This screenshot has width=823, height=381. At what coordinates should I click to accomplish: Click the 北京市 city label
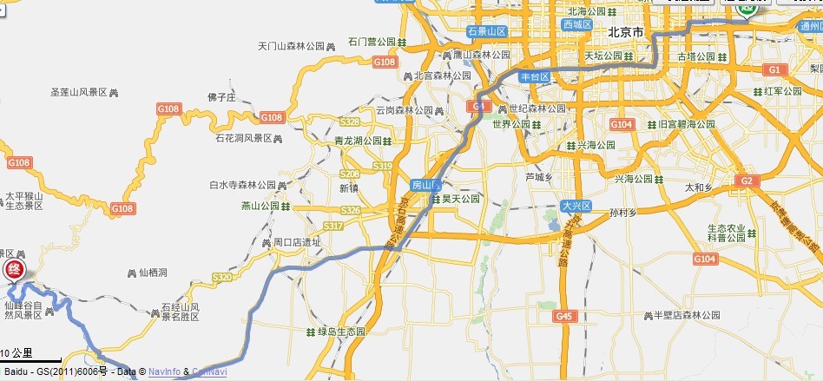point(625,32)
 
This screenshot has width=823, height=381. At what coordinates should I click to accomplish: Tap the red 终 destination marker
point(13,269)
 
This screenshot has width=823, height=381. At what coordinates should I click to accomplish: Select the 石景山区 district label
point(486,31)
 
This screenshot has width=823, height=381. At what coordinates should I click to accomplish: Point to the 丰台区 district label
point(535,77)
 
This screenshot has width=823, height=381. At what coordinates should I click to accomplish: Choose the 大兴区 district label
point(575,206)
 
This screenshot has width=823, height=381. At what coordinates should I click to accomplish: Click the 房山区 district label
point(426,186)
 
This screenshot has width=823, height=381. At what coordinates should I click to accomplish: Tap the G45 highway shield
point(565,317)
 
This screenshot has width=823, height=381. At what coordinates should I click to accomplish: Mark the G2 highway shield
point(745,181)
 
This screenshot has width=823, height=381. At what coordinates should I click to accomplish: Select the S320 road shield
point(222,277)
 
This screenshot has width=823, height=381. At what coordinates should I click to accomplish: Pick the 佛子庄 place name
point(221,97)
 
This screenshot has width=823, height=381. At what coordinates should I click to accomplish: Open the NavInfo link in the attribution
point(163,372)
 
